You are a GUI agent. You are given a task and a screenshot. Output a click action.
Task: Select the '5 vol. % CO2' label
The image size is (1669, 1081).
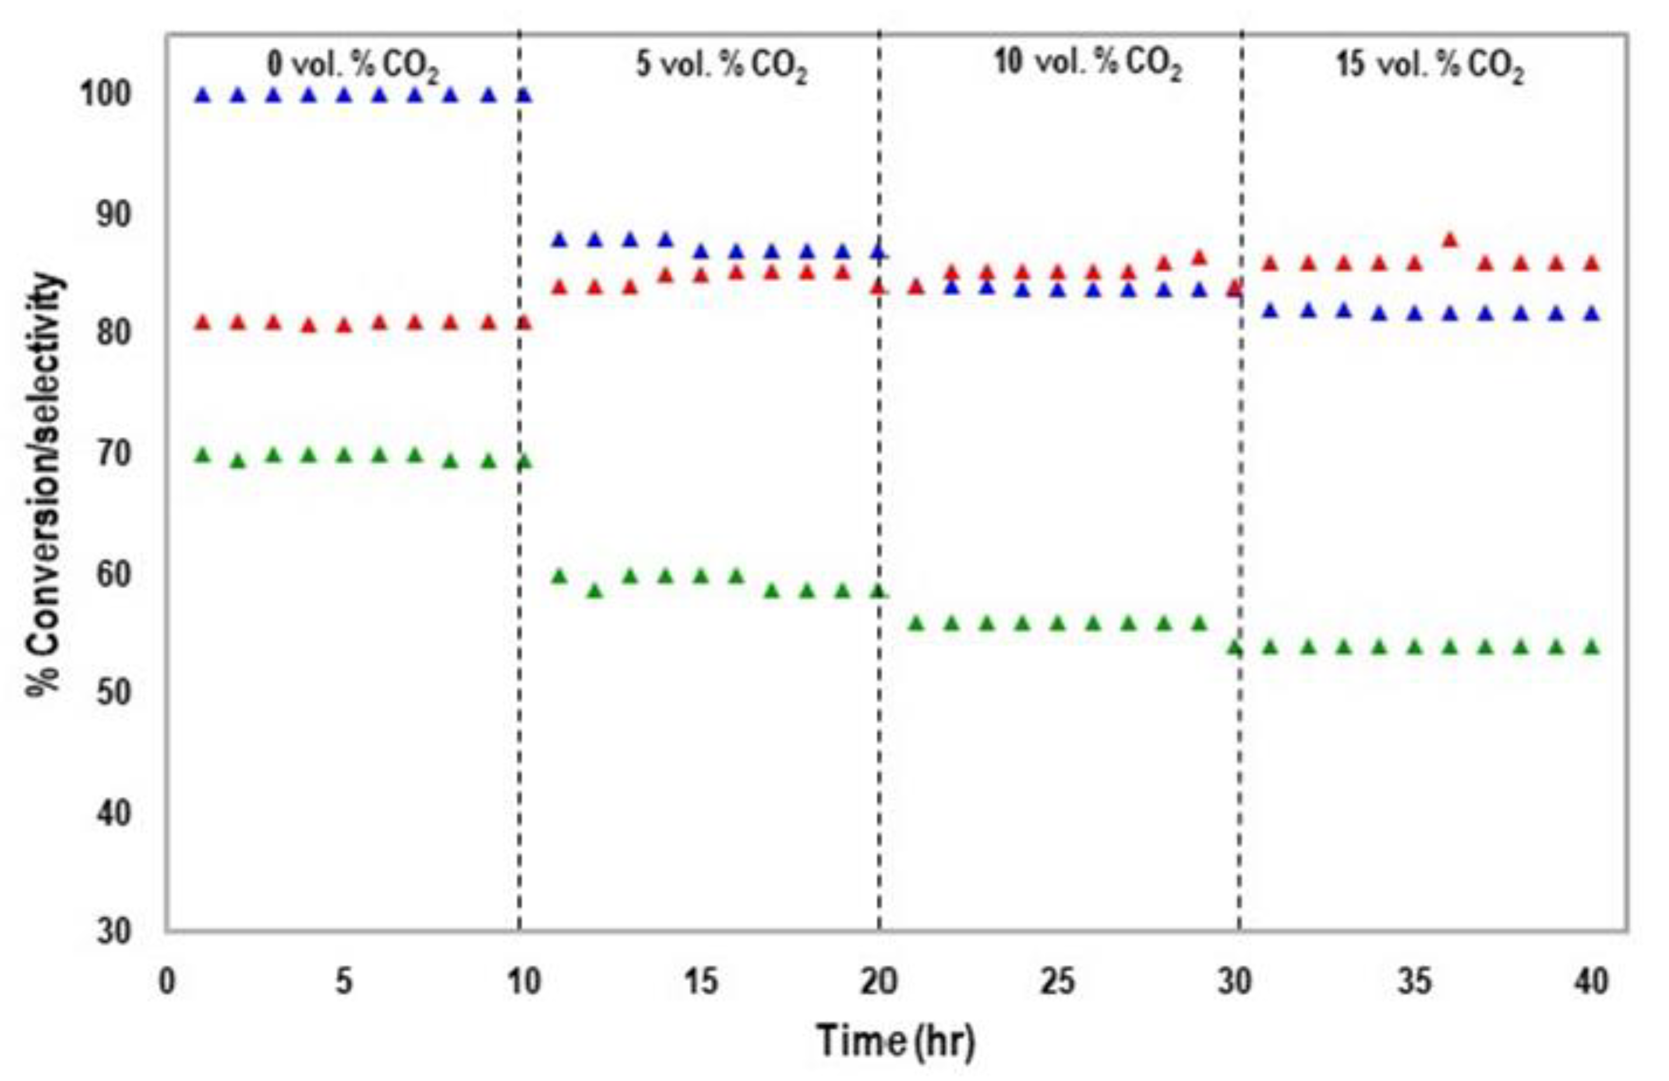coord(722,67)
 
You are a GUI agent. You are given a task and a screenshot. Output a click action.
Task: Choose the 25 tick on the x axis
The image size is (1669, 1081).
coord(1057,982)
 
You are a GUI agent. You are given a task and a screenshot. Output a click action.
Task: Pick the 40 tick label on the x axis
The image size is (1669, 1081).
coord(1591,982)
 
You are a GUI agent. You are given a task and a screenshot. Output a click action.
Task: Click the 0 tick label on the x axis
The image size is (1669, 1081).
coord(167,982)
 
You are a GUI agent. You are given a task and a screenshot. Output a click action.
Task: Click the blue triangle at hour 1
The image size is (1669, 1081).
coord(203,95)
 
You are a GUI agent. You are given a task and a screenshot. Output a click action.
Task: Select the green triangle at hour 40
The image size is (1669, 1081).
coord(1592,646)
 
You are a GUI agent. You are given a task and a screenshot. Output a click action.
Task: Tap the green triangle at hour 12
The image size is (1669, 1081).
coord(595,591)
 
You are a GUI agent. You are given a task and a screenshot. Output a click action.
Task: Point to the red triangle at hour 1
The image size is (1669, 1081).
coord(203,323)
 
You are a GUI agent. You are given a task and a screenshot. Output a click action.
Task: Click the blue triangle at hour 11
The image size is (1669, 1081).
coord(559,240)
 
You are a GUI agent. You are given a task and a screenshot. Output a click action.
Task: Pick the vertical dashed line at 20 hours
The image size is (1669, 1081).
coord(879,491)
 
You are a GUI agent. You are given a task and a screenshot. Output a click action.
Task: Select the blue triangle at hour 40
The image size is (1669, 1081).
coord(1592,313)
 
